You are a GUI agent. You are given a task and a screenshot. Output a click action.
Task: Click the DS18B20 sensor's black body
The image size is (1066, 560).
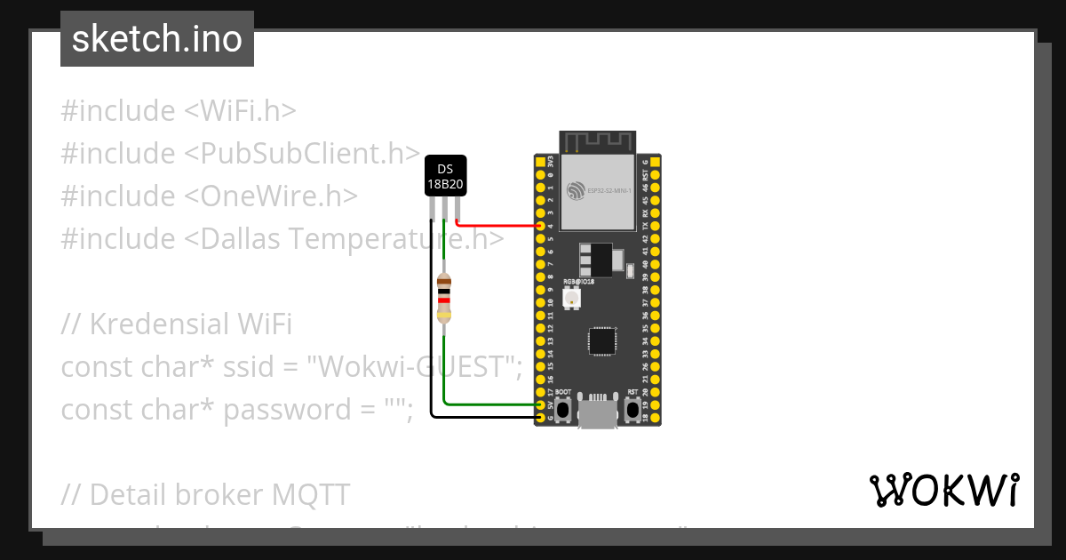point(445,176)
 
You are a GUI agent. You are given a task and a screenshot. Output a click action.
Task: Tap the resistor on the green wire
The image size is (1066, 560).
point(444,299)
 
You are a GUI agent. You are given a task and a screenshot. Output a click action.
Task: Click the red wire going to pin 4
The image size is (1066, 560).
point(497,226)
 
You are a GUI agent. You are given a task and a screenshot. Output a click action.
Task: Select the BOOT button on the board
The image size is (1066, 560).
point(562,409)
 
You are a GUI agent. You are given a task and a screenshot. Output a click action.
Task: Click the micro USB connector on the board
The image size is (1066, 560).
point(597,412)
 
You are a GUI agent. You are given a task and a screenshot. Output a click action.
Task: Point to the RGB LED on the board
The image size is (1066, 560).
point(571,300)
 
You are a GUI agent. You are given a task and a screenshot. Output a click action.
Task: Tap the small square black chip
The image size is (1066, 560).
point(602,340)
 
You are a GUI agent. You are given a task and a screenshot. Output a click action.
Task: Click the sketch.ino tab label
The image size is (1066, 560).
point(157,39)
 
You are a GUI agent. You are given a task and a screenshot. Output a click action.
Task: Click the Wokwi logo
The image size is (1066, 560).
point(943,491)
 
